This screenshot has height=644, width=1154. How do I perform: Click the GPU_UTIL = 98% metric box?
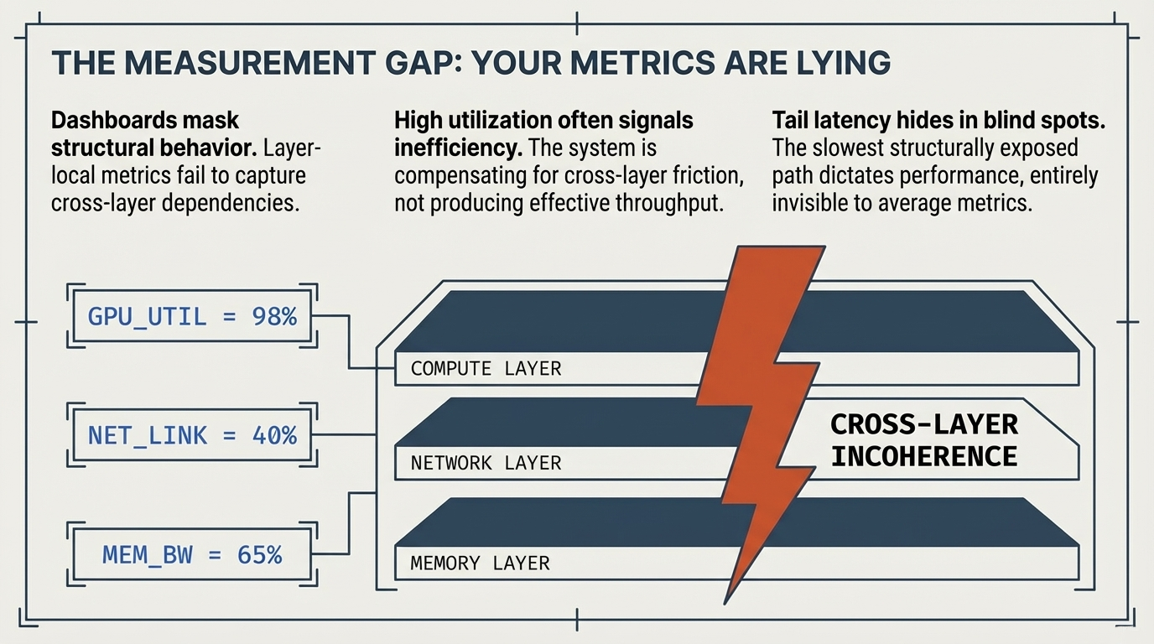(x=192, y=317)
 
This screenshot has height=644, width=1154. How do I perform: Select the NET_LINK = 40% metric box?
(x=192, y=435)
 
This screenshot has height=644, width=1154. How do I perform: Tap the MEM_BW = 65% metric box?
(x=192, y=554)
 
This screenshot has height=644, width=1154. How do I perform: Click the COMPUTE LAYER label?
(x=486, y=368)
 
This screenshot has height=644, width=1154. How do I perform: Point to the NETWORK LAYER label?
(x=486, y=463)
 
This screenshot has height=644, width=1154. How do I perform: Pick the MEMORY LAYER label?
(x=480, y=563)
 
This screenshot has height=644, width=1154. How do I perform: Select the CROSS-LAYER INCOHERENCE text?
(x=923, y=440)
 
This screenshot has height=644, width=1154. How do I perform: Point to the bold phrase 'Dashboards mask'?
(x=145, y=121)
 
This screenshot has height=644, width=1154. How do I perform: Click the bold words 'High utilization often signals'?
(x=543, y=121)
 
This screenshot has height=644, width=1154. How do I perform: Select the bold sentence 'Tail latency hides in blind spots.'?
(x=938, y=121)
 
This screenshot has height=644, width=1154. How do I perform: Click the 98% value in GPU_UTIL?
(x=274, y=317)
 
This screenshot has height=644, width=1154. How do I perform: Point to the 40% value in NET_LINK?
(x=274, y=435)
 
